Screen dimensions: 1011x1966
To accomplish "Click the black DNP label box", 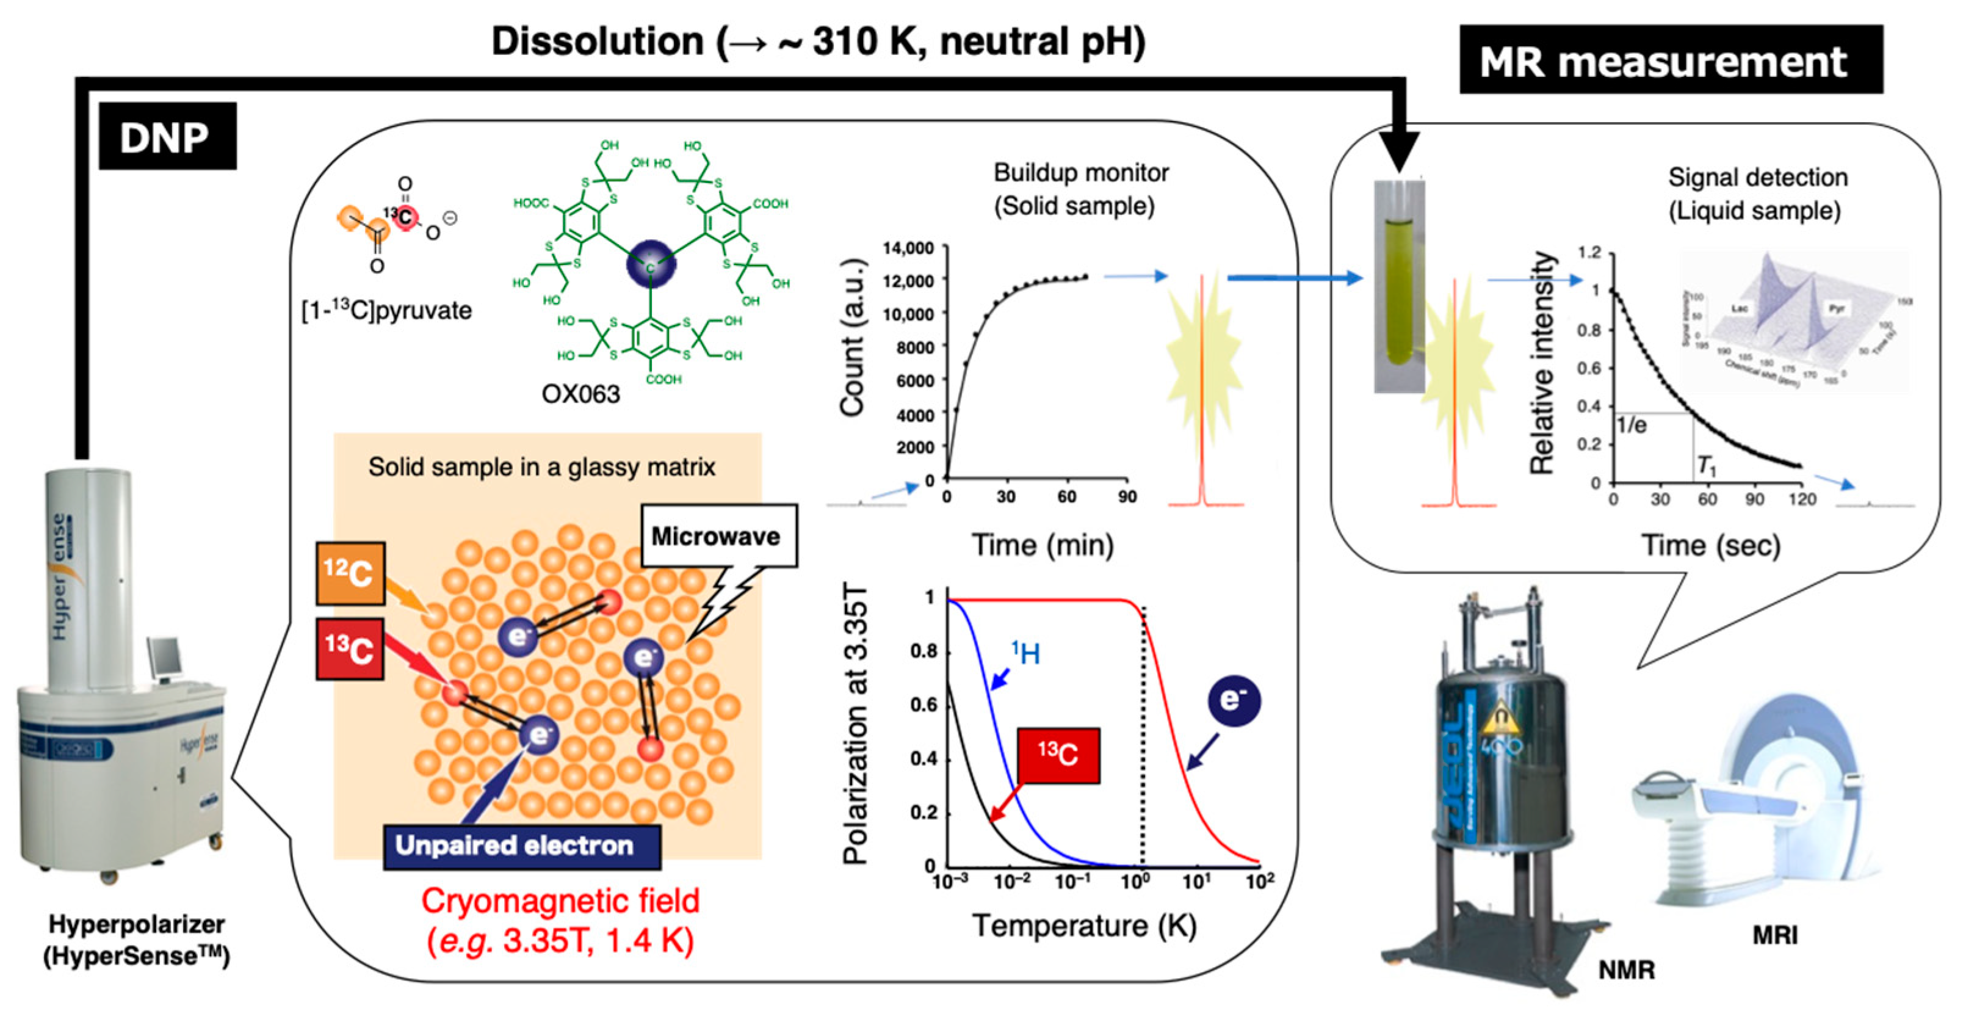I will [167, 136].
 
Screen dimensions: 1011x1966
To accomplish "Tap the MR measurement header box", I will [1670, 60].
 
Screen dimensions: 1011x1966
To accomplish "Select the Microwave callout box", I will [717, 536].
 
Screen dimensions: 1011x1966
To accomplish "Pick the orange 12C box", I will [350, 573].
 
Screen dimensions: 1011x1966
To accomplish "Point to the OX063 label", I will [581, 394].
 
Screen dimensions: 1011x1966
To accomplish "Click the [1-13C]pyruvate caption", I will [386, 310].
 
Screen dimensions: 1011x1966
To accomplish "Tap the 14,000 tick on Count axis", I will [908, 248].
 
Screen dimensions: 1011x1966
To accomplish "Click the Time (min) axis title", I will [1042, 545].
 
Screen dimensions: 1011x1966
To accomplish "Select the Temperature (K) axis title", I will [1084, 926].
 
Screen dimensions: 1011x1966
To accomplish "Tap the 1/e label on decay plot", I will [1632, 426].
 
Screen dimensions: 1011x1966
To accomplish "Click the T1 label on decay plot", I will [1707, 465].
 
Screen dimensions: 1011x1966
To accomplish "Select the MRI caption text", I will [1774, 935].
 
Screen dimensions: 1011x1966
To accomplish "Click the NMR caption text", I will [1627, 969].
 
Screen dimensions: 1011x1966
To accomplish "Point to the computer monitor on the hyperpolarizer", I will [164, 658].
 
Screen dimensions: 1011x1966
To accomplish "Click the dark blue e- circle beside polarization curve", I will [1234, 700].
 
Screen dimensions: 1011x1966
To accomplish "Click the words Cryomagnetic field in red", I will [560, 901].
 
